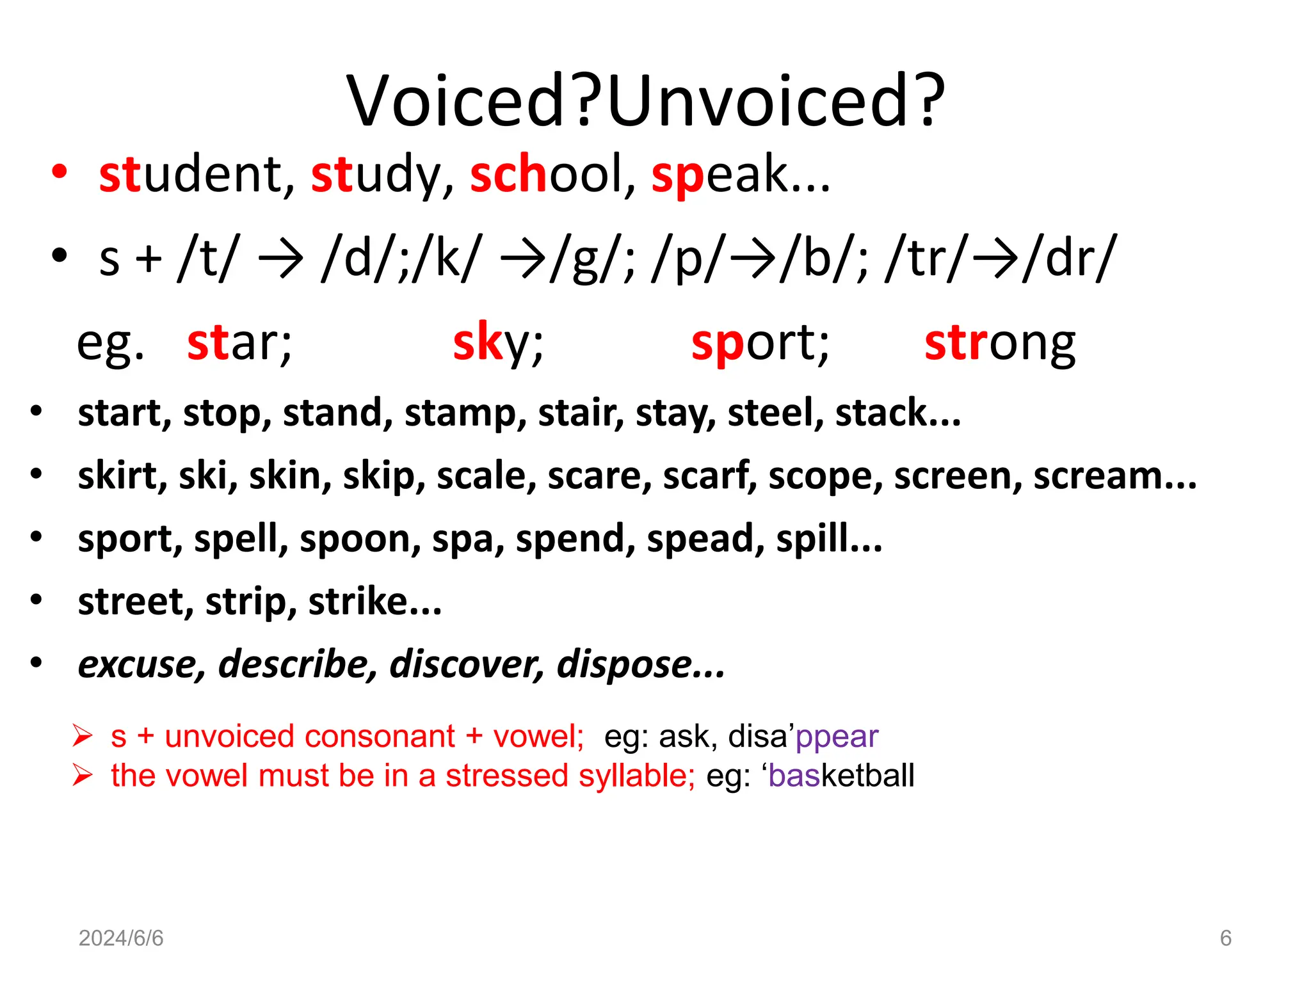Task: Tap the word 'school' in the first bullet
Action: [x=552, y=175]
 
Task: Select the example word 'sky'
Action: [x=497, y=344]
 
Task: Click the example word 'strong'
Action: [x=999, y=344]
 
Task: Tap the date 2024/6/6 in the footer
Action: [x=121, y=938]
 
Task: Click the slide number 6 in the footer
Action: [x=1225, y=938]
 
